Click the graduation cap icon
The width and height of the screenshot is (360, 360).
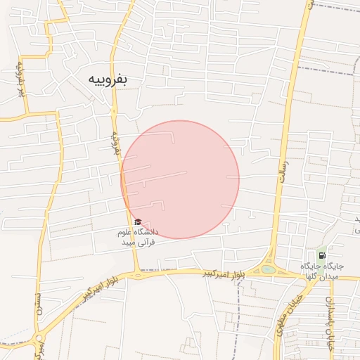point(137,222)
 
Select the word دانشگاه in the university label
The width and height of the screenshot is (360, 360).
point(146,231)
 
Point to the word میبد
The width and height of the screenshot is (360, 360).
point(128,242)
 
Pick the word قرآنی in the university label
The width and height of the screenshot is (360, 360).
point(146,242)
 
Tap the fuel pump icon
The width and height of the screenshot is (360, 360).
point(321,256)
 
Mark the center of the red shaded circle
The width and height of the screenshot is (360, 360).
point(180,179)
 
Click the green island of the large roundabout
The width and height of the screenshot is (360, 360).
point(268,269)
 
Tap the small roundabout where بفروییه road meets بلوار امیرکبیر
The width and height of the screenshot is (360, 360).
point(138,275)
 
